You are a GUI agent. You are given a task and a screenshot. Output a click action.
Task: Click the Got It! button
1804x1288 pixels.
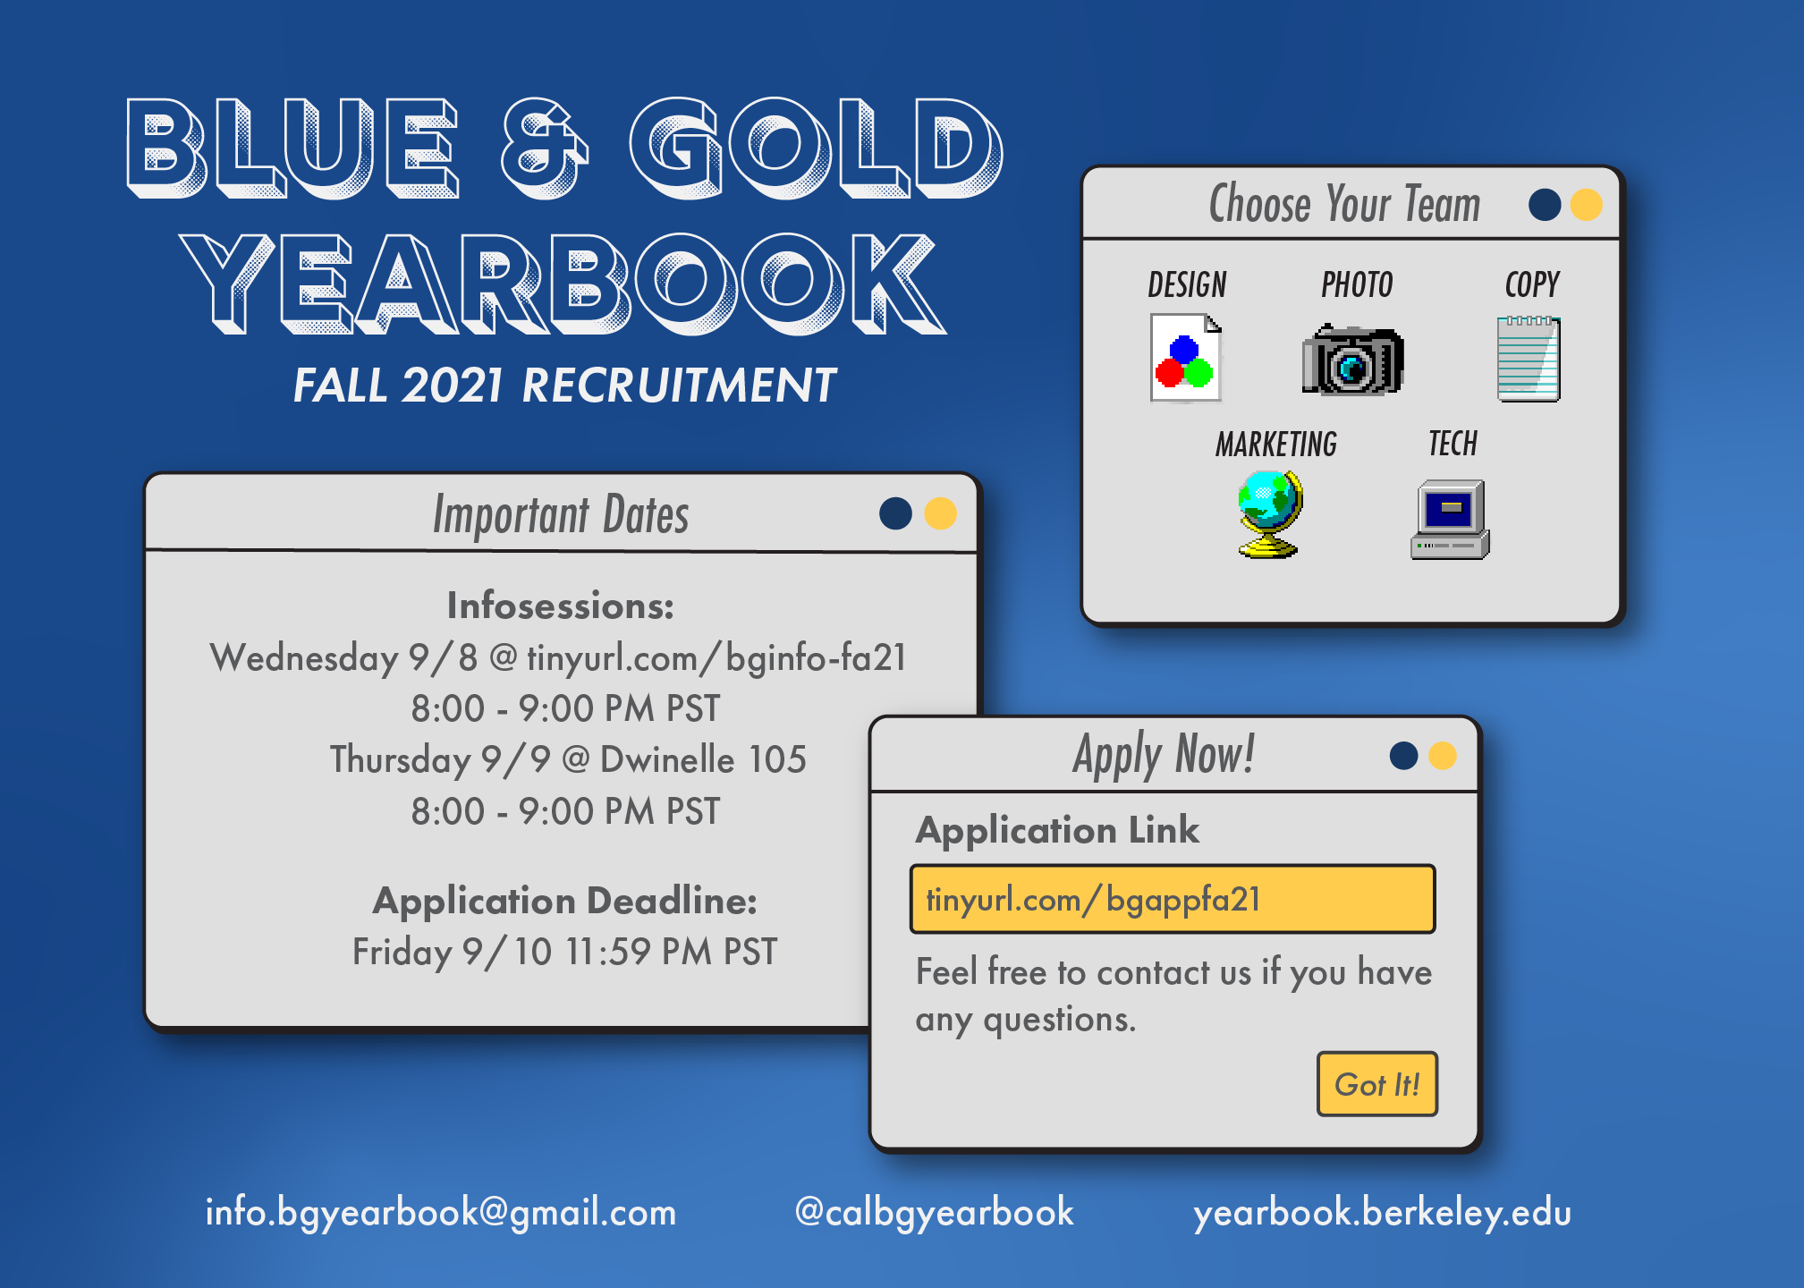pos(1376,1084)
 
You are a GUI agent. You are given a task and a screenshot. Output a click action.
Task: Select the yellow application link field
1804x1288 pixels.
pos(1173,899)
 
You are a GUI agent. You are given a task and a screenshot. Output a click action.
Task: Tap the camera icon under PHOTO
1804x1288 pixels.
pos(1352,360)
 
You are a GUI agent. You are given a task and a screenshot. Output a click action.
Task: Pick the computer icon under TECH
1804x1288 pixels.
pos(1450,520)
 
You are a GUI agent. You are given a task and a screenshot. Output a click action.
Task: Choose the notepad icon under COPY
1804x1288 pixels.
pos(1529,359)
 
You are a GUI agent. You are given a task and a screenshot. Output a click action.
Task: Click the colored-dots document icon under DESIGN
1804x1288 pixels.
pos(1186,358)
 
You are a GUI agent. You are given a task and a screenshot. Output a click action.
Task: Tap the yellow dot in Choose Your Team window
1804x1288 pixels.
pos(1586,204)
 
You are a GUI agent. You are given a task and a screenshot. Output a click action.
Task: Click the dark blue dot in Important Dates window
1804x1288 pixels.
pos(895,513)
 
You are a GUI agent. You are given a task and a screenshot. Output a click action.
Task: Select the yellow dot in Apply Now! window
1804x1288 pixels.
pos(1442,756)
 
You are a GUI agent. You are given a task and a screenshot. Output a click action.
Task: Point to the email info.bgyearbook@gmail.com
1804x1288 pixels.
pos(441,1213)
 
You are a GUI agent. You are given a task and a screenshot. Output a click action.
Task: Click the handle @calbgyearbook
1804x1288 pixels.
pos(934,1213)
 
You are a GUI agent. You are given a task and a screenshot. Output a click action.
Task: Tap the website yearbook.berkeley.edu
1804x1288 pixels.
pos(1382,1213)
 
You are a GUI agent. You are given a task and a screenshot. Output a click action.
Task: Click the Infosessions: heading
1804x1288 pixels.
pos(561,606)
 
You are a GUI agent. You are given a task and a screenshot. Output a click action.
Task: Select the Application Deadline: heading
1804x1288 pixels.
pos(565,901)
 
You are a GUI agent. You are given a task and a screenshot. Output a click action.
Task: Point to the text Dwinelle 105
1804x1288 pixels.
pos(703,759)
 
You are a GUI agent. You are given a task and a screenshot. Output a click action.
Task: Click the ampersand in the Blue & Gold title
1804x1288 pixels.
pos(544,148)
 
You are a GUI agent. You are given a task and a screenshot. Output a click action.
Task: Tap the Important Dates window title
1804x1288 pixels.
pos(561,514)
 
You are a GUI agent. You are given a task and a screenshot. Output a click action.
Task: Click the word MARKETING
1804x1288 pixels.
pos(1276,445)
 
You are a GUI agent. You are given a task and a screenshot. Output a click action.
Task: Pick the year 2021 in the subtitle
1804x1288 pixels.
pos(453,386)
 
